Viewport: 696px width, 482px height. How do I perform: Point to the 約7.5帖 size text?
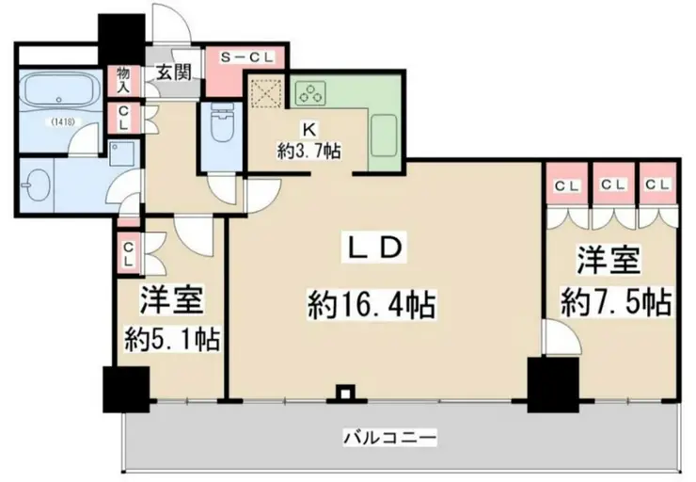pyautogui.click(x=616, y=302)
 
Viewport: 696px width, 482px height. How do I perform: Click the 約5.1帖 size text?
pyautogui.click(x=172, y=338)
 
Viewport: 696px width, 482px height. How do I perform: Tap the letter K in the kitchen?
pyautogui.click(x=308, y=129)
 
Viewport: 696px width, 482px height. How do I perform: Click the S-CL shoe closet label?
pyautogui.click(x=246, y=57)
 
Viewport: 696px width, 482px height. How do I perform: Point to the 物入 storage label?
pyautogui.click(x=123, y=79)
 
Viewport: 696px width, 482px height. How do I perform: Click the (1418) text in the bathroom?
pyautogui.click(x=63, y=121)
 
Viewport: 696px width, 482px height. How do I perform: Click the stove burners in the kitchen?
pyautogui.click(x=309, y=92)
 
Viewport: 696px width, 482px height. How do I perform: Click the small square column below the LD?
pyautogui.click(x=346, y=393)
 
